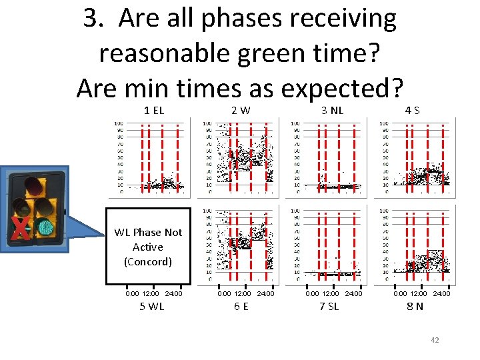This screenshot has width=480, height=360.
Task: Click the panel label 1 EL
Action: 154,110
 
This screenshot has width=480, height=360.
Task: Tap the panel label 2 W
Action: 241,110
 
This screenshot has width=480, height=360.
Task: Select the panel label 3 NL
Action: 332,110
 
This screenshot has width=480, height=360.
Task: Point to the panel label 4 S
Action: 413,110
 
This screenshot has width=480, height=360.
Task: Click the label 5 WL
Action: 151,307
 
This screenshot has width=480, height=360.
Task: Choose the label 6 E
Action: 241,307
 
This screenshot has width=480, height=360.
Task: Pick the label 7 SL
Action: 329,307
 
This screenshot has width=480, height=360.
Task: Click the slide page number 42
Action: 435,341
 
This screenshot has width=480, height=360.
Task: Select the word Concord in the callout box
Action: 148,261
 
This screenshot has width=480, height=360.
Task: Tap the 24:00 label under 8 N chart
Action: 441,293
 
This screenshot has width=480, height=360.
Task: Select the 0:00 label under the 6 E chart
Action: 225,293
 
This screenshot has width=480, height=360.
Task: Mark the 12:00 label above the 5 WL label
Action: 151,293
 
